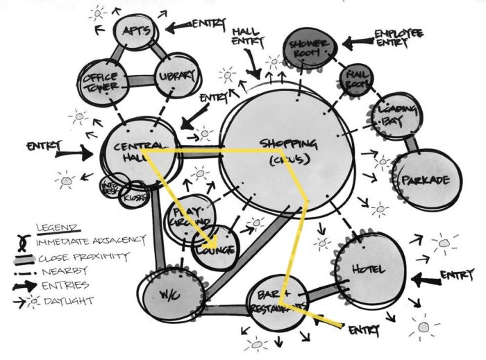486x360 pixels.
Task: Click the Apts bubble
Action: pyautogui.click(x=137, y=34)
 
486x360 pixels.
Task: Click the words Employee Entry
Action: pyautogui.click(x=401, y=37)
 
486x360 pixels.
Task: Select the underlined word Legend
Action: pyautogui.click(x=58, y=227)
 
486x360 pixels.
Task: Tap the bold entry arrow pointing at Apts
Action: pyautogui.click(x=176, y=26)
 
